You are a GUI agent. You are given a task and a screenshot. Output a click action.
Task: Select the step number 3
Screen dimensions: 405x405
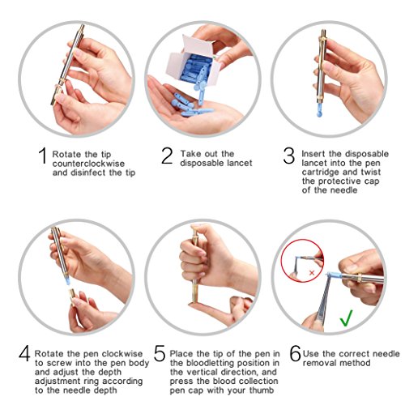tap(289, 157)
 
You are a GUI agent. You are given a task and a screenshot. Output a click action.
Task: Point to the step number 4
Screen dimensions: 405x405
tap(24, 354)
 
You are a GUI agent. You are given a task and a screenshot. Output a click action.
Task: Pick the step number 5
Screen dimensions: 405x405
tap(160, 354)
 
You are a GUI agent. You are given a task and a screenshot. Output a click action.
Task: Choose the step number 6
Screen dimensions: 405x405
tap(295, 354)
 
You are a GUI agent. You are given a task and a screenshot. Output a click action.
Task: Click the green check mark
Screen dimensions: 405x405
tap(345, 318)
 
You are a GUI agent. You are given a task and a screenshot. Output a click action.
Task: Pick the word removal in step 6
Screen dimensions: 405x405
tap(322, 363)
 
